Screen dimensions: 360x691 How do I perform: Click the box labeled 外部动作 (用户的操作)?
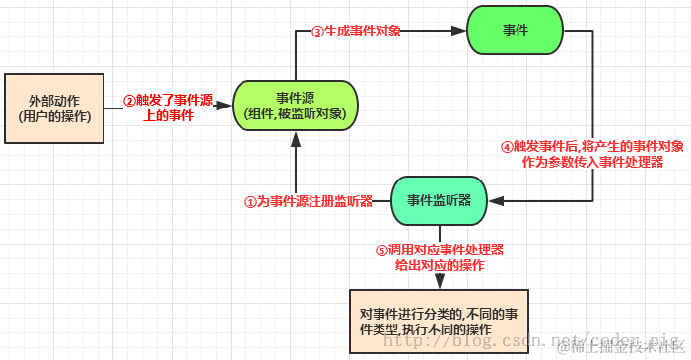click(x=54, y=108)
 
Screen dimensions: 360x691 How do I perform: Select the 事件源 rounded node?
click(x=295, y=106)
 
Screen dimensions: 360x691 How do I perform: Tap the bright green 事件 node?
click(x=515, y=31)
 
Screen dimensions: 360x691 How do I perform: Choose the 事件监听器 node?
click(x=439, y=200)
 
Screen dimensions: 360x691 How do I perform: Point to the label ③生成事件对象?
click(x=356, y=31)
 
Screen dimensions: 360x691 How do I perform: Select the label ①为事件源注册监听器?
click(x=309, y=201)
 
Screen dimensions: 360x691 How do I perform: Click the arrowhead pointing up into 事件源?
click(x=295, y=140)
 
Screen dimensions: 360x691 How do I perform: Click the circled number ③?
click(x=317, y=31)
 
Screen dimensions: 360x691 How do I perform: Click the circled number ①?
click(x=250, y=201)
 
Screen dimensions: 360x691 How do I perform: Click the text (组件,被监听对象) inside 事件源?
click(x=295, y=114)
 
